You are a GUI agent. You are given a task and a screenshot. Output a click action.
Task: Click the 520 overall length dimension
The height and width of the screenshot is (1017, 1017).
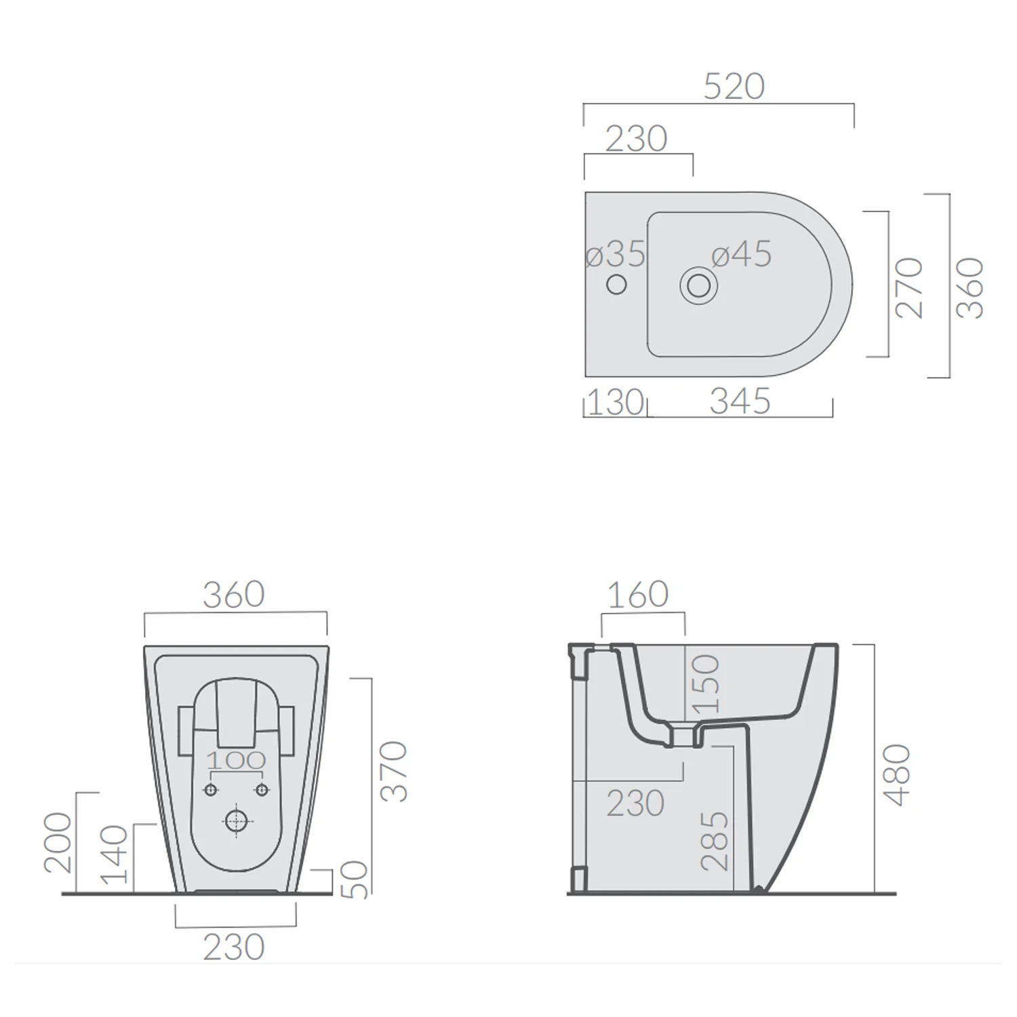734,87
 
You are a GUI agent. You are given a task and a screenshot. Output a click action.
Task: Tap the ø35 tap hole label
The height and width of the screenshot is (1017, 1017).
616,254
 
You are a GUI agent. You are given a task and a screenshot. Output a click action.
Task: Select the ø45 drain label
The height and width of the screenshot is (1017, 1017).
741,254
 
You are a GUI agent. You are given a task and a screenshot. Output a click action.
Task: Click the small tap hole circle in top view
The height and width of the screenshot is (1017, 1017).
616,284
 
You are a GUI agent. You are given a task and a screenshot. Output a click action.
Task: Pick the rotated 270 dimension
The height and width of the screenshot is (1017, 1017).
909,287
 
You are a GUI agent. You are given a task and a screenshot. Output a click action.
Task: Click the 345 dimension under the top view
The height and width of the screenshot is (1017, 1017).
740,401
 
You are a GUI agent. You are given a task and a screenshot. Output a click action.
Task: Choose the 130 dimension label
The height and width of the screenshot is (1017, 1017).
615,402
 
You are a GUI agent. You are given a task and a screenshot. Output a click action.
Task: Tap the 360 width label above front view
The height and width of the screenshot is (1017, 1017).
234,595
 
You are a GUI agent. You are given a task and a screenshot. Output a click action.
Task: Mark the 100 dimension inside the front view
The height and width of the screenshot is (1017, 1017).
236,761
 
